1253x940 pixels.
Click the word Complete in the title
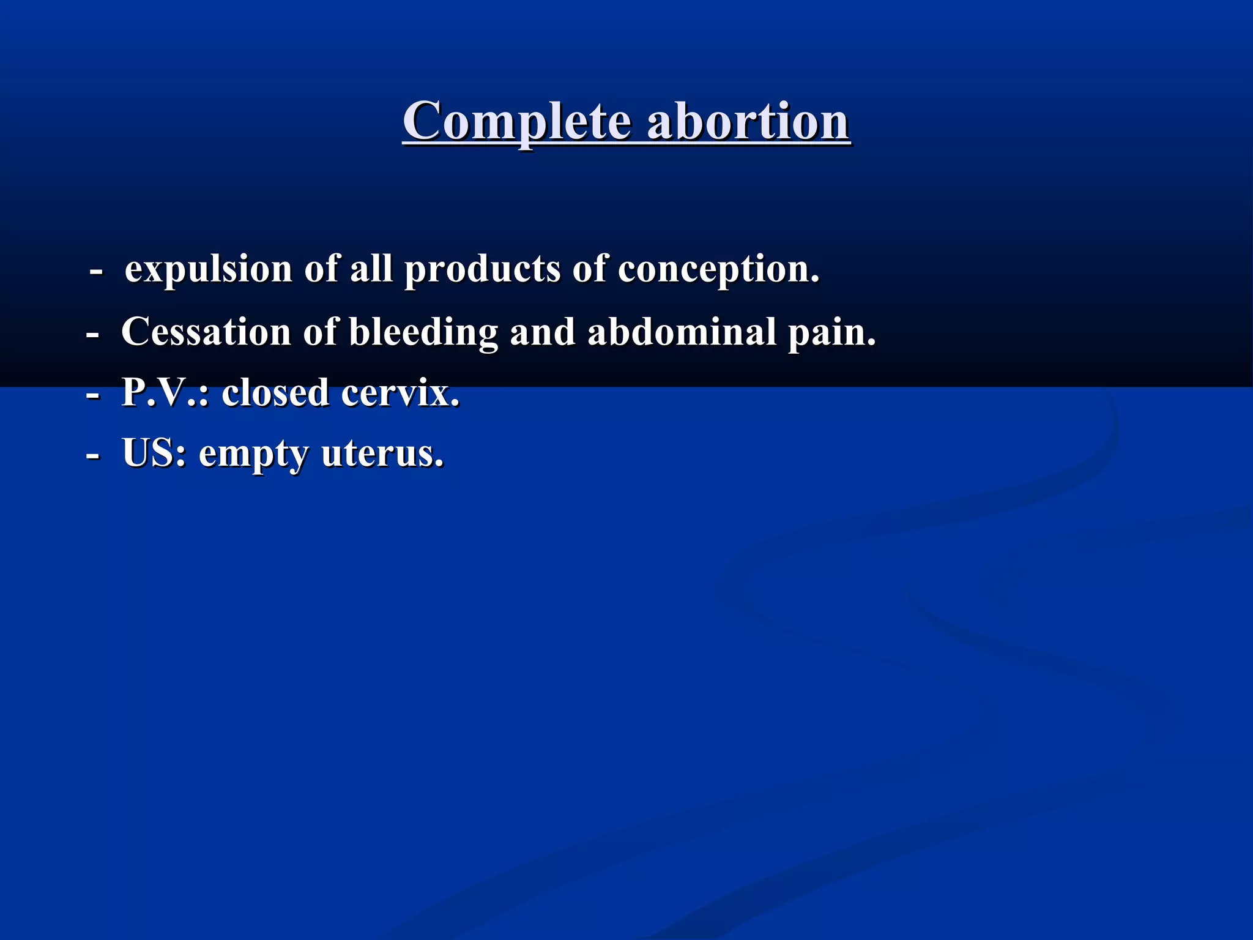coord(516,121)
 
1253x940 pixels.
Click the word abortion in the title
coord(748,121)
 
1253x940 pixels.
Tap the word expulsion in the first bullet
coord(209,269)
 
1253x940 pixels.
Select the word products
coord(482,269)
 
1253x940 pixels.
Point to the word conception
coord(718,269)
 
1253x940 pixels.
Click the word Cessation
coord(206,332)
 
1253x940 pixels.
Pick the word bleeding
coord(423,332)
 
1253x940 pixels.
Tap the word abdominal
coord(682,332)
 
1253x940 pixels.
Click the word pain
coord(831,332)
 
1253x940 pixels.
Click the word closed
coord(276,392)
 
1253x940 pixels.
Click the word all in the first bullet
coord(371,269)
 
